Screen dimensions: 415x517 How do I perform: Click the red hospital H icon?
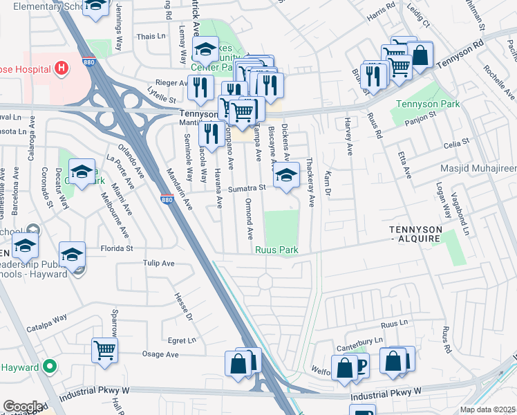[62, 68]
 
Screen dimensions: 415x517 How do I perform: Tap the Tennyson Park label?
[422, 104]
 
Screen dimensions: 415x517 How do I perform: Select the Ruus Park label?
[276, 250]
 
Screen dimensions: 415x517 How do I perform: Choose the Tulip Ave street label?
[158, 264]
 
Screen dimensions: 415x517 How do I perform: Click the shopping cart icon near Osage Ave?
[104, 350]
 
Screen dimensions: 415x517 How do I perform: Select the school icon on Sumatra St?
[286, 174]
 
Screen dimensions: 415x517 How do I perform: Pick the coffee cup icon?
[359, 365]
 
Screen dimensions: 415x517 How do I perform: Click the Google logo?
[22, 406]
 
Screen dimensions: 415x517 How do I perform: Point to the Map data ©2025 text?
[487, 409]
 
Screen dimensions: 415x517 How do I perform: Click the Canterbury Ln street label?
[359, 341]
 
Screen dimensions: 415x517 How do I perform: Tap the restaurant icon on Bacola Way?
[211, 133]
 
